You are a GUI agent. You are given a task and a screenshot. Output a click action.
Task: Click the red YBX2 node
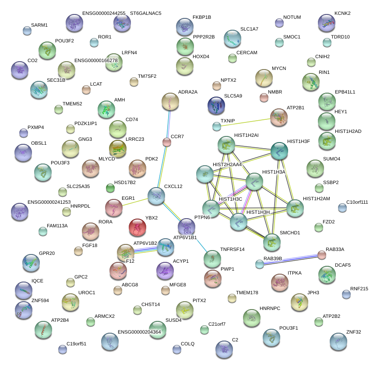pos(137,227)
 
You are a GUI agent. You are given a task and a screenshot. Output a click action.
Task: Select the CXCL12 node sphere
pos(156,196)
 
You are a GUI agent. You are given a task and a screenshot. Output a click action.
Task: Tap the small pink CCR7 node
pos(167,142)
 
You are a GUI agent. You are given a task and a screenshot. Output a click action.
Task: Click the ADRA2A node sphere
pos(170,101)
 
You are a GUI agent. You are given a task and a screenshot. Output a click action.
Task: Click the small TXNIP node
pos(217,127)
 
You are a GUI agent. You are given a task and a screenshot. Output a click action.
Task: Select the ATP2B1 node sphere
pos(279,117)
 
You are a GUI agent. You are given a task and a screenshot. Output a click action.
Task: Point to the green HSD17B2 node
pos(110,188)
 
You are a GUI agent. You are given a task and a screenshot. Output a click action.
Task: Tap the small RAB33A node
pos(322,254)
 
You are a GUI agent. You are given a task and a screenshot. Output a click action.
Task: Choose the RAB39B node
pos(260,264)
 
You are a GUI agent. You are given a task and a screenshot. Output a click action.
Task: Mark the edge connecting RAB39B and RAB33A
pos(291,259)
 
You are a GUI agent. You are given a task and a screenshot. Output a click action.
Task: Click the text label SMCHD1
pos(290,233)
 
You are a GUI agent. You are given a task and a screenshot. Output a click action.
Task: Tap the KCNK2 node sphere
pos(326,23)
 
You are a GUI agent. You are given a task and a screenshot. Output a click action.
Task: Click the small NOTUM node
pos(279,23)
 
